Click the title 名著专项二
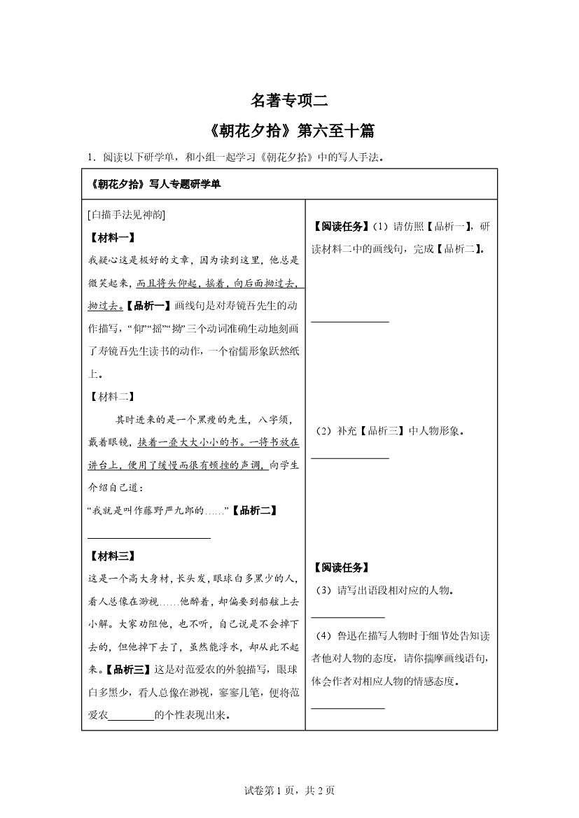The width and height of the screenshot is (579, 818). pos(289,101)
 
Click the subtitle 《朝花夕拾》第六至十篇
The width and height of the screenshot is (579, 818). pos(289,131)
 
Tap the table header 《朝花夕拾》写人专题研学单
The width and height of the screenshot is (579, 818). pos(156,185)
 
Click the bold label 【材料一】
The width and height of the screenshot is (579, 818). pos(111,238)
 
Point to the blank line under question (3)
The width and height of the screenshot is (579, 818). pos(348,617)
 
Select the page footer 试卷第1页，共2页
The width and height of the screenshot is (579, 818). pos(289,790)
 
